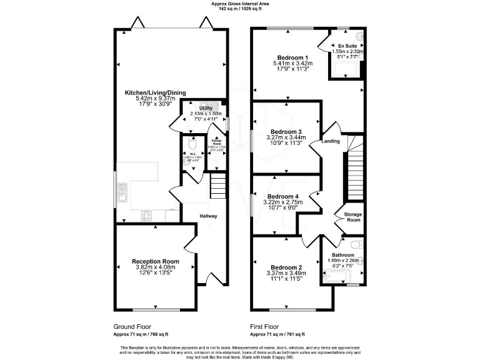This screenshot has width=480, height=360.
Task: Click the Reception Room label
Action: click(x=155, y=261)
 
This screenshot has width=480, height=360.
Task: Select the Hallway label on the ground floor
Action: click(x=208, y=216)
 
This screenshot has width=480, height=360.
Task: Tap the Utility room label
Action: click(x=206, y=108)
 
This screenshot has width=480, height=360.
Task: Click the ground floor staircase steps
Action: click(x=217, y=185)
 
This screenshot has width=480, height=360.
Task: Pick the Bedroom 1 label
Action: click(x=292, y=56)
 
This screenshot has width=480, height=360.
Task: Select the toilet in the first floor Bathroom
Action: click(x=356, y=244)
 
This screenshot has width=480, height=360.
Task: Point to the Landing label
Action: click(x=331, y=141)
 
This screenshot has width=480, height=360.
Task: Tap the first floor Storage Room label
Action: click(x=353, y=217)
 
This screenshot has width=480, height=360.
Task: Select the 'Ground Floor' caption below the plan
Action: click(x=131, y=326)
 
